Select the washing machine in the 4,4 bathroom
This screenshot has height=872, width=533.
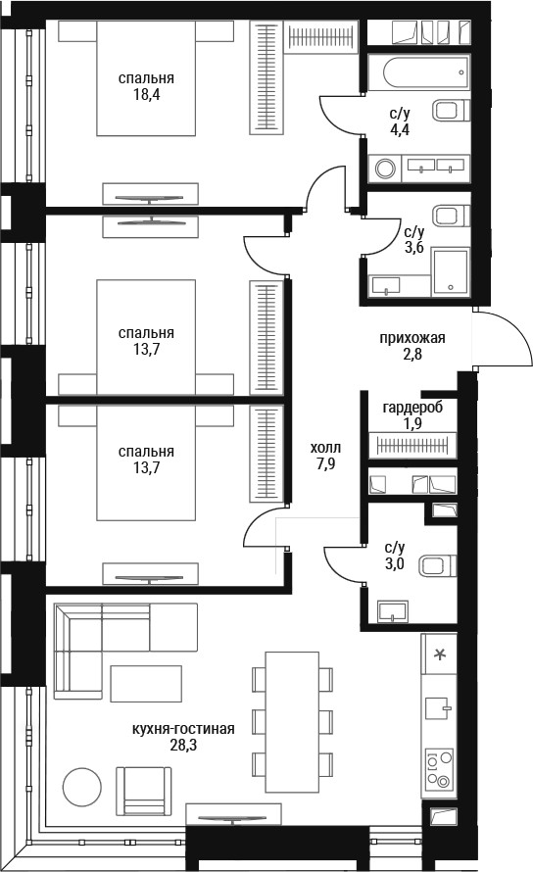tap(385, 169)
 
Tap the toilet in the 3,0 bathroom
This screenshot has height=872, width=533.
tap(438, 566)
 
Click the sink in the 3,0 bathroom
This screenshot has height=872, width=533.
tap(393, 611)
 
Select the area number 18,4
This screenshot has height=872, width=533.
tap(146, 94)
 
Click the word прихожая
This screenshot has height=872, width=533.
tap(412, 338)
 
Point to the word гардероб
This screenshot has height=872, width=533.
tap(412, 408)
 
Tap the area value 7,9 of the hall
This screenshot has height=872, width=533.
tap(326, 463)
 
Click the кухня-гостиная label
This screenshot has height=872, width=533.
tap(183, 729)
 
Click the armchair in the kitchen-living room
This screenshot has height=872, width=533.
tap(144, 792)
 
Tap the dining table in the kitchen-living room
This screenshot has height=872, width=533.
tap(292, 721)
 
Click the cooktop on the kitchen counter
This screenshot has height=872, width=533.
tap(439, 768)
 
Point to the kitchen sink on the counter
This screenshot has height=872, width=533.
tap(438, 708)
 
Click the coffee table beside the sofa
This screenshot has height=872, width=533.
tap(146, 684)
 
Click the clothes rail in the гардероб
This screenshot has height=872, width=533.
tap(412, 445)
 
